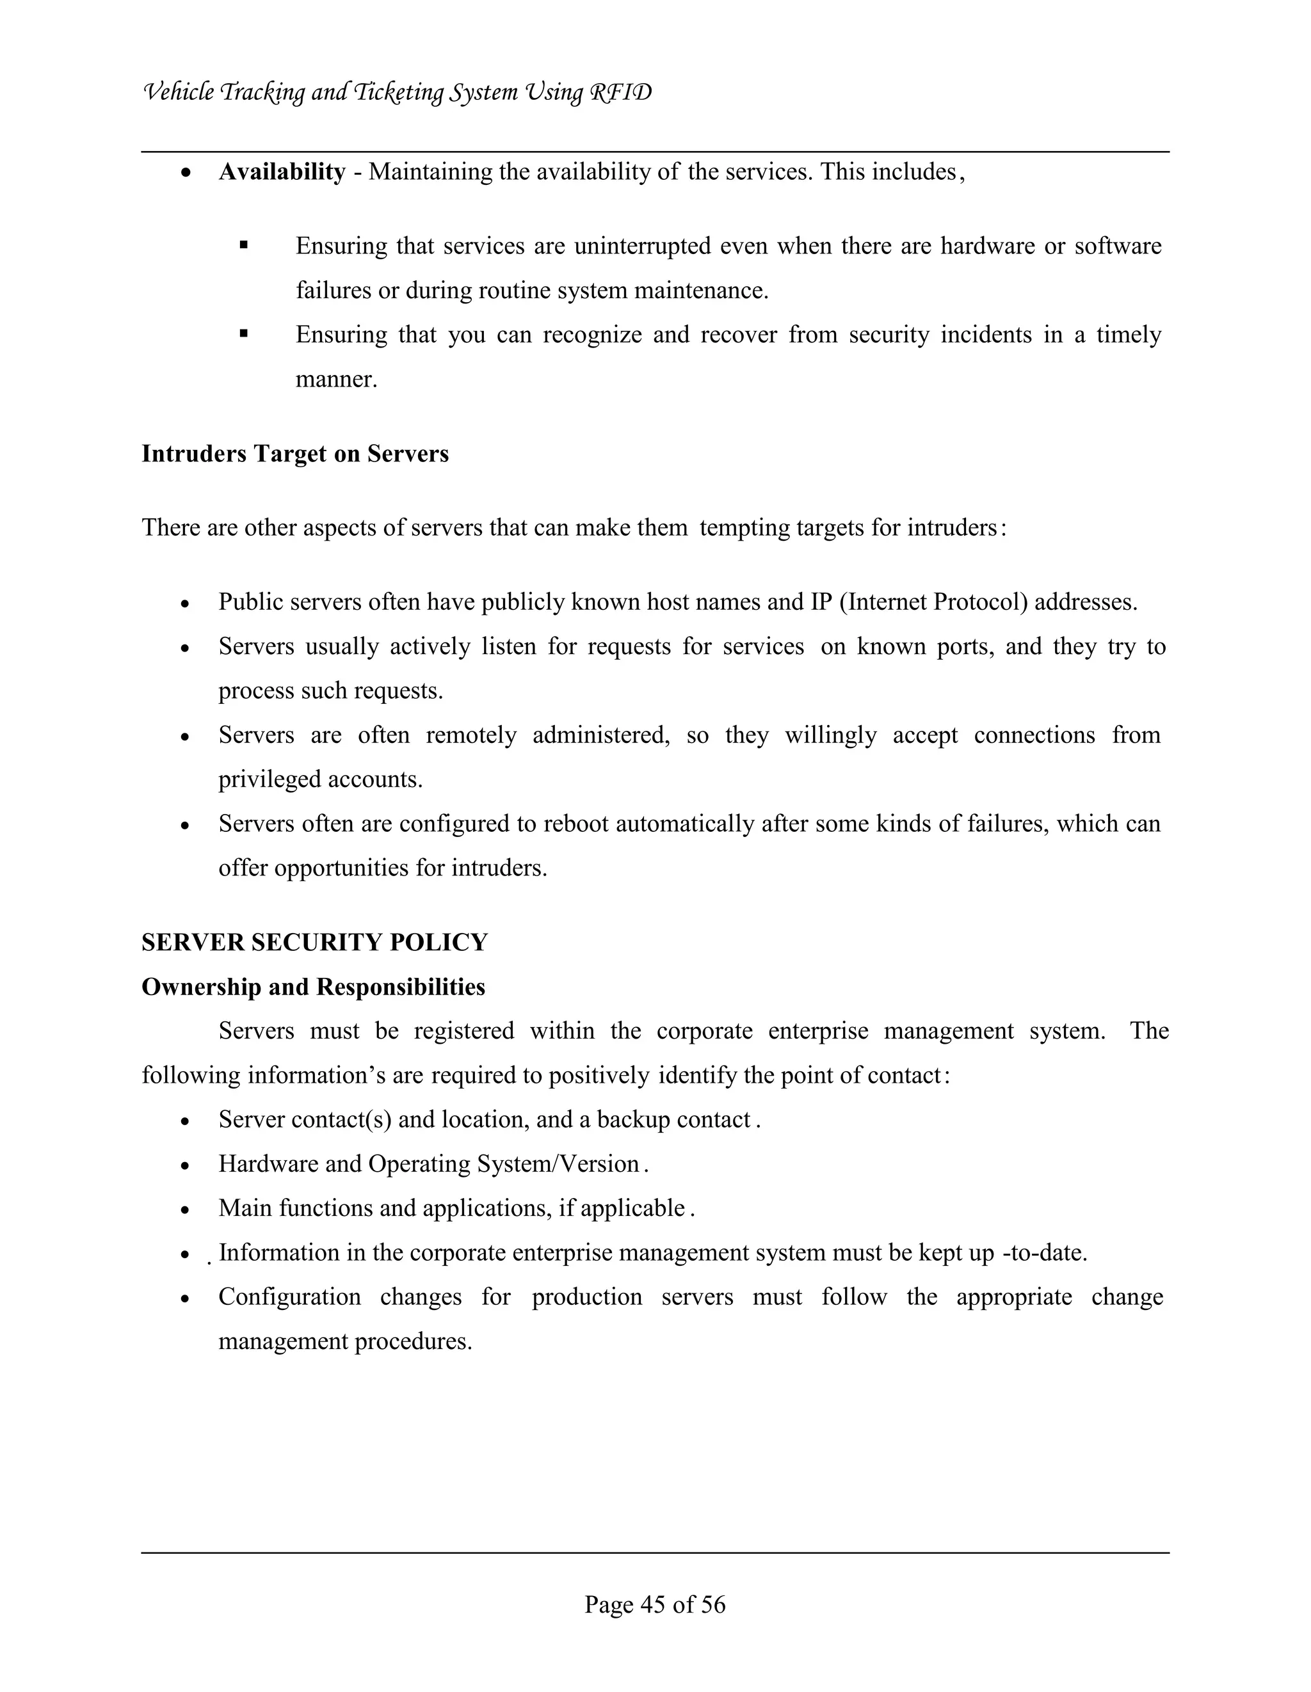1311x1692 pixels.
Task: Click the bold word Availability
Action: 282,172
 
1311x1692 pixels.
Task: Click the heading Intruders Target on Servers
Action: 294,453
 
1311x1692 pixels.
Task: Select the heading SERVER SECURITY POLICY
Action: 314,942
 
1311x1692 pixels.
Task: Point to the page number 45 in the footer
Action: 655,1604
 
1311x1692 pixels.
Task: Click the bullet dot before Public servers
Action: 184,603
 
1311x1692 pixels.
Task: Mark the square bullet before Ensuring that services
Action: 243,246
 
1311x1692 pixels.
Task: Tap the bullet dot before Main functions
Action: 184,1209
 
